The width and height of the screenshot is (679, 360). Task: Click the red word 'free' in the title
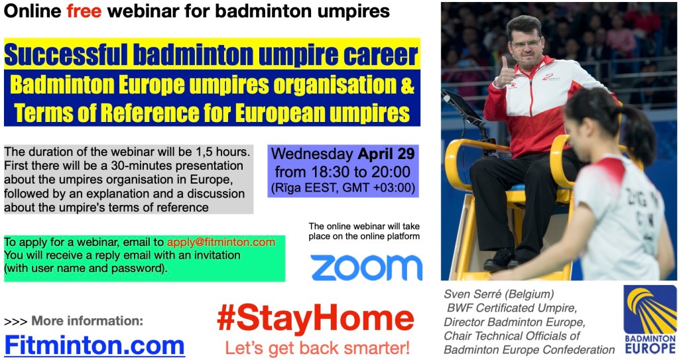(84, 11)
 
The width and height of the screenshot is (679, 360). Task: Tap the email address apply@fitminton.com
(221, 242)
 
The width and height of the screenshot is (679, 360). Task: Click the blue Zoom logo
(366, 267)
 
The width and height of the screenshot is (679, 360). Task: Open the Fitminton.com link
(94, 345)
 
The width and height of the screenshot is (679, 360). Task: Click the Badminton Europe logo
(650, 320)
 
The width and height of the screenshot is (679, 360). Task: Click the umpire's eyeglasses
(525, 44)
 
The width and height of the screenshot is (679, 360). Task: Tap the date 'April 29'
(387, 154)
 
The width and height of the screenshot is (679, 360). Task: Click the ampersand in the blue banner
(407, 84)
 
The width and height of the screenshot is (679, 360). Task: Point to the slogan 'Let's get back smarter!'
(317, 348)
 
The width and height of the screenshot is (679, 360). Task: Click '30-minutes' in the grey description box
(139, 166)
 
